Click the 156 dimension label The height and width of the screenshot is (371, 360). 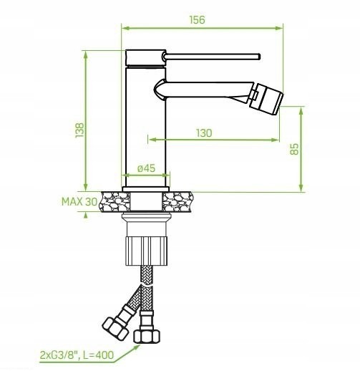pyautogui.click(x=197, y=20)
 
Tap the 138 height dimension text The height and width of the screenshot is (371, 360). pyautogui.click(x=79, y=130)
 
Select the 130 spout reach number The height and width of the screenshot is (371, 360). pyautogui.click(x=204, y=133)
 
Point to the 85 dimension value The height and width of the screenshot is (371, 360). pyautogui.click(x=294, y=149)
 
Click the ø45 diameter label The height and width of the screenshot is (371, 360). pyautogui.click(x=146, y=168)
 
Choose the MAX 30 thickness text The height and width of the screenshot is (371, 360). pyautogui.click(x=79, y=202)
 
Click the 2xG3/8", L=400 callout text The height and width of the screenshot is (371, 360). pyautogui.click(x=77, y=355)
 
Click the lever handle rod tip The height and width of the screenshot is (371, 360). pyautogui.click(x=259, y=57)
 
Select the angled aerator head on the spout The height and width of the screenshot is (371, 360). pyautogui.click(x=266, y=99)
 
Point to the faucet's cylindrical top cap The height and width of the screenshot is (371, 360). pyautogui.click(x=145, y=58)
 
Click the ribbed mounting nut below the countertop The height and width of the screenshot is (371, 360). pyautogui.click(x=146, y=251)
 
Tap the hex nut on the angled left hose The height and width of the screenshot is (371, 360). pyautogui.click(x=115, y=329)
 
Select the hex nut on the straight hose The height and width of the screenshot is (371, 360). pyautogui.click(x=146, y=337)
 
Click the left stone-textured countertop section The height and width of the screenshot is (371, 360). pyautogui.click(x=115, y=202)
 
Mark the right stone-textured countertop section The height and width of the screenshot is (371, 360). pyautogui.click(x=177, y=202)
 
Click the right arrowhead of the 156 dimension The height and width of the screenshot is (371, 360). pyautogui.click(x=279, y=28)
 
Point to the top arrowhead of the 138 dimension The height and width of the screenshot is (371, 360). pyautogui.click(x=86, y=54)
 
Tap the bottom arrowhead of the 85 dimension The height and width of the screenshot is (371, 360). pyautogui.click(x=301, y=188)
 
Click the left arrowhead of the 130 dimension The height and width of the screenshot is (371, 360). pyautogui.click(x=152, y=140)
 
